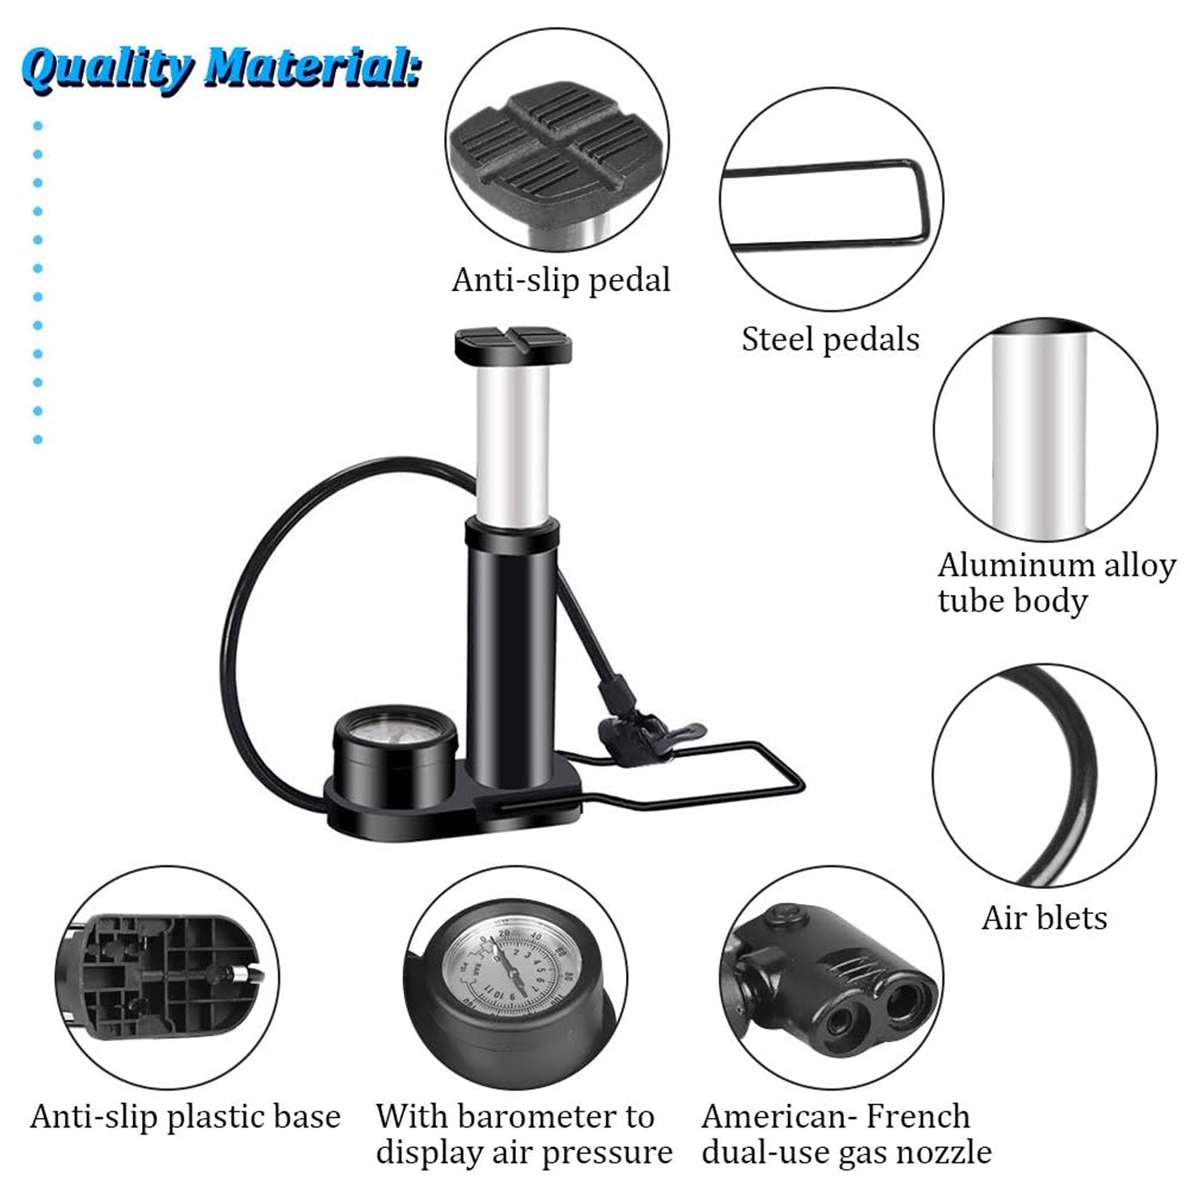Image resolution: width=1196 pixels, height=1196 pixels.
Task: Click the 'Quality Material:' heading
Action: (x=220, y=69)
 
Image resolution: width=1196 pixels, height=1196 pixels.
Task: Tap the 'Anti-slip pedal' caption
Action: (x=561, y=280)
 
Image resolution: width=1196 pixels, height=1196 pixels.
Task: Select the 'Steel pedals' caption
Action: (x=830, y=339)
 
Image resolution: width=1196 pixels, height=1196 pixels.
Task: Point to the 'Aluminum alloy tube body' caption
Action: (x=1056, y=583)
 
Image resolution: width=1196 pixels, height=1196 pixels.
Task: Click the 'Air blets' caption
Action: (x=1044, y=918)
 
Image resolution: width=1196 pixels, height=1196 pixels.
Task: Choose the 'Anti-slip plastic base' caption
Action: (x=185, y=1116)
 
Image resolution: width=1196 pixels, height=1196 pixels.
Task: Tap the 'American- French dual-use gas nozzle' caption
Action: (x=846, y=1135)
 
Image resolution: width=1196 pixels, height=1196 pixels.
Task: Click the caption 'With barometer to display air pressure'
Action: (x=524, y=1135)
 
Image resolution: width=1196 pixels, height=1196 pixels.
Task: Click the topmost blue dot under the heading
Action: (x=37, y=126)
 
